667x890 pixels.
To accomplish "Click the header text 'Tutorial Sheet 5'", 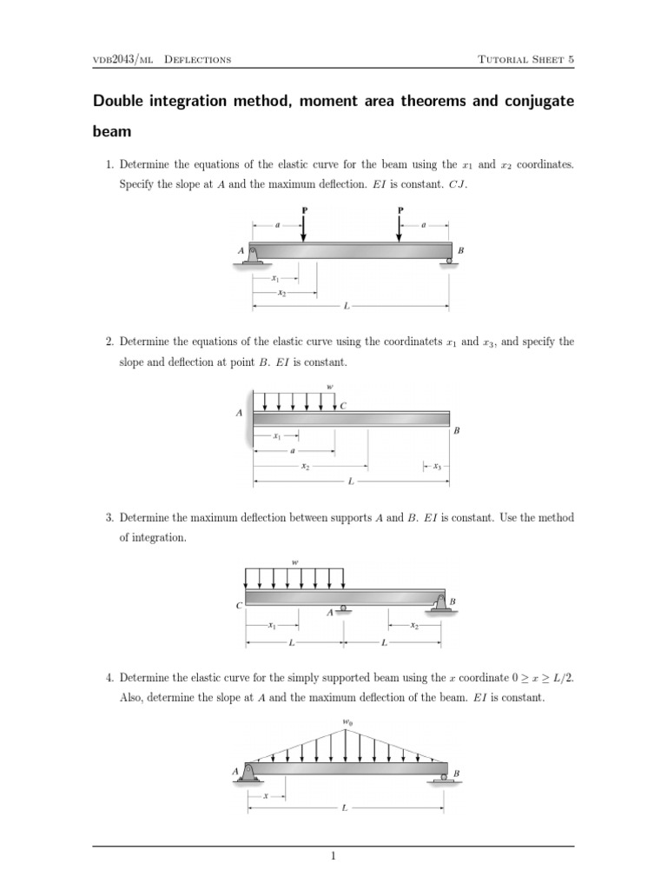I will click(x=526, y=59).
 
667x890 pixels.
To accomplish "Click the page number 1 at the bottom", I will click(x=333, y=858).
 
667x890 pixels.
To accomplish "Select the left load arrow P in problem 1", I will click(x=304, y=228).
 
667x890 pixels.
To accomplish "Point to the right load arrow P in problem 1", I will click(x=400, y=228).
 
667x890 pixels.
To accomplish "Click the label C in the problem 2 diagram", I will click(x=344, y=405).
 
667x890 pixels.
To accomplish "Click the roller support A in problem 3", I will click(x=344, y=609).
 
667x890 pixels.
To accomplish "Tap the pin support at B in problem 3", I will click(x=439, y=603).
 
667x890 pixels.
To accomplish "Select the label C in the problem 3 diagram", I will click(x=239, y=607).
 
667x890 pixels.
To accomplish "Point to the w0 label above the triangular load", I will click(x=347, y=721).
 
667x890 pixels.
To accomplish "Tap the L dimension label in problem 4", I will click(x=345, y=808).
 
